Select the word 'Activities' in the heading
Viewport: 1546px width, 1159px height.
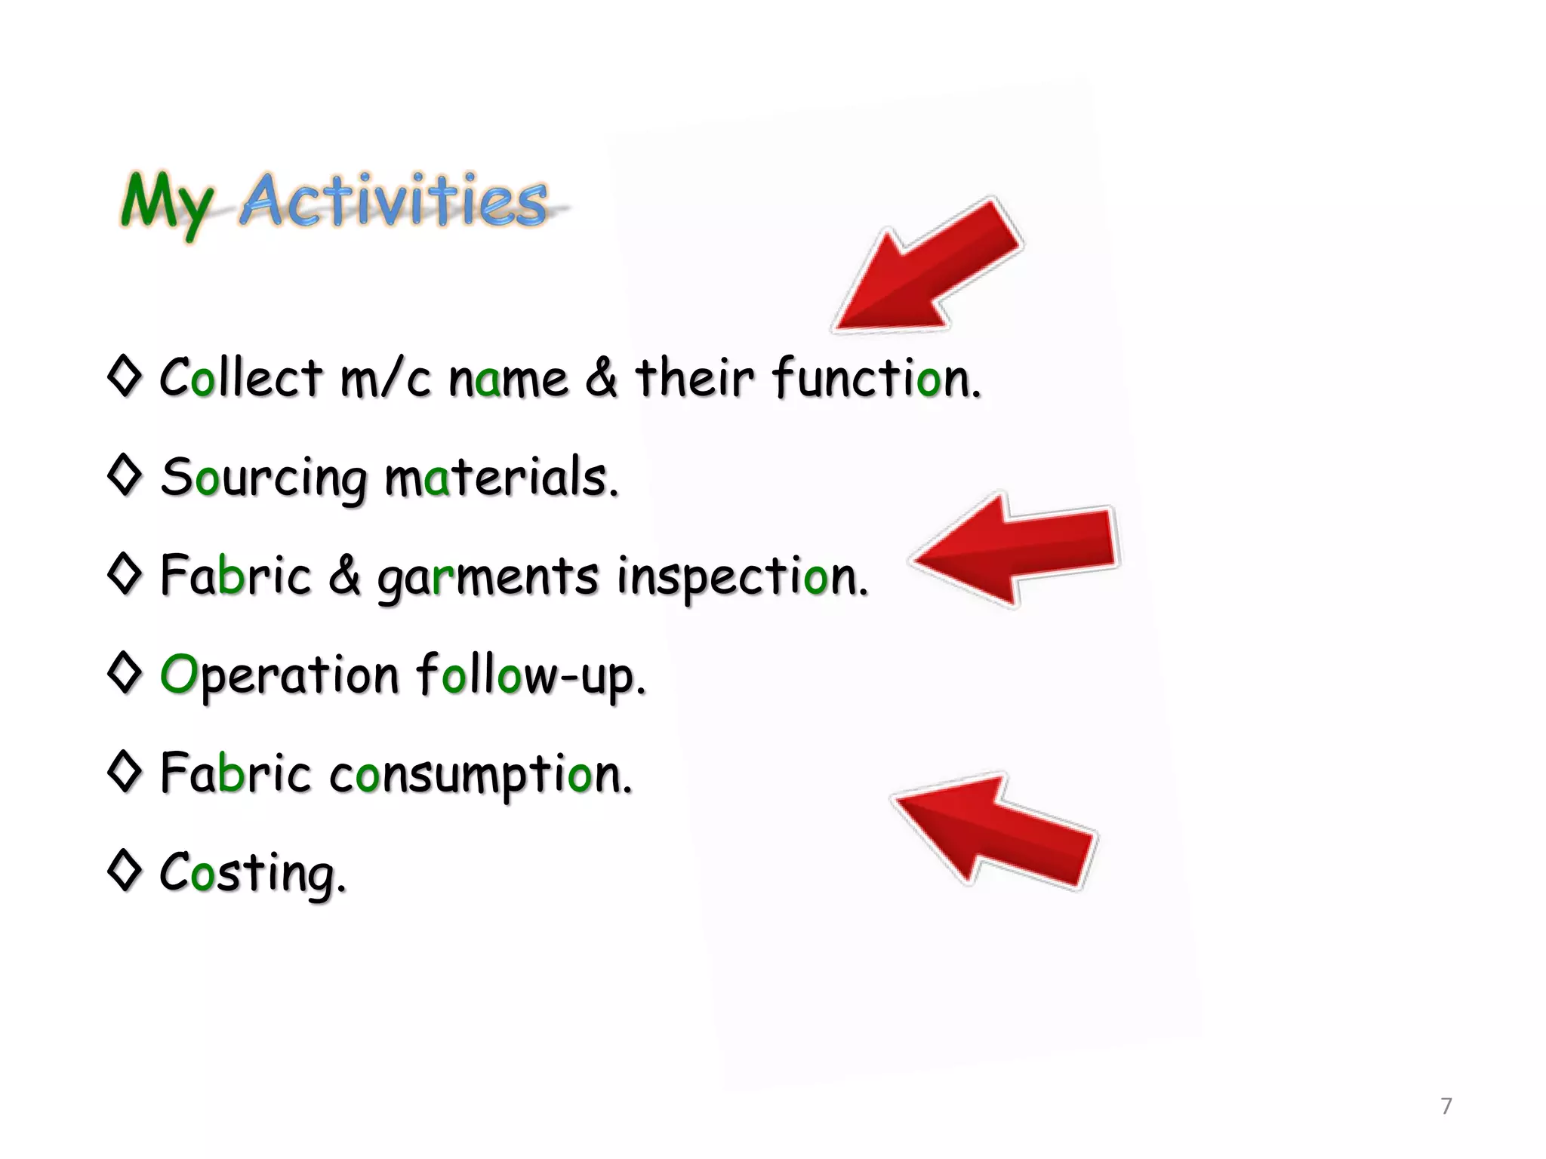click(x=393, y=200)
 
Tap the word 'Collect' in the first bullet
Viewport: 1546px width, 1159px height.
click(x=241, y=377)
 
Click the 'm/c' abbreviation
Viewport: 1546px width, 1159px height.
click(x=385, y=378)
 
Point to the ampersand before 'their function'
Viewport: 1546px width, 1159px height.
click(x=601, y=377)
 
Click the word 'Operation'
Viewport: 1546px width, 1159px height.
click(x=279, y=676)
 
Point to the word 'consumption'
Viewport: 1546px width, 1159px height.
click(x=480, y=775)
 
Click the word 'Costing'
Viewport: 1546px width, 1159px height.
click(x=252, y=874)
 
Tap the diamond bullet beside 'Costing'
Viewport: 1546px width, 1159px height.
click(x=125, y=869)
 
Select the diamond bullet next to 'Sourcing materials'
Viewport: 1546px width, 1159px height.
click(x=125, y=474)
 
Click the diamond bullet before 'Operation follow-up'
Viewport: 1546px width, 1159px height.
click(x=125, y=672)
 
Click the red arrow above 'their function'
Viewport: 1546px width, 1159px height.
click(x=929, y=268)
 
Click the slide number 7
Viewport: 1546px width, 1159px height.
click(x=1446, y=1106)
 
